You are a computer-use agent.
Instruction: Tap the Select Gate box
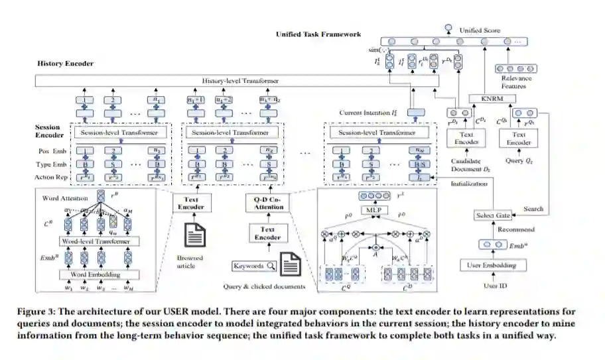(x=492, y=215)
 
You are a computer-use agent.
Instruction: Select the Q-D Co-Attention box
(x=269, y=203)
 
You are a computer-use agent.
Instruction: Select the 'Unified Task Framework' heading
(x=318, y=34)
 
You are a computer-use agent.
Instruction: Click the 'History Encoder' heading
(x=65, y=63)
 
